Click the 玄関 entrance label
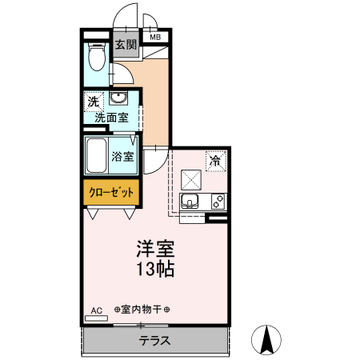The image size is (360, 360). point(126,45)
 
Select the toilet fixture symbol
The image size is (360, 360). point(95,57)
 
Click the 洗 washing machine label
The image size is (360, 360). point(94,102)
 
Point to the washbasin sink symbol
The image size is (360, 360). point(119,99)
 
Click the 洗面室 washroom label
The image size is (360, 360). point(111,118)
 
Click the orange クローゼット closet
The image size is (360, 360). point(112,193)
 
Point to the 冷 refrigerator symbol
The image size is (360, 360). point(215,161)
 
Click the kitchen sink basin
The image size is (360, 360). point(190,202)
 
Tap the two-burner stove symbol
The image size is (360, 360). point(218,202)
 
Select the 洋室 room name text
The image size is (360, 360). point(153,249)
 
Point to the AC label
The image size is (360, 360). point(96,310)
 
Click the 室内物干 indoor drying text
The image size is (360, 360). point(147,310)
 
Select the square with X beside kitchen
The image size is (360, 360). point(192,178)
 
